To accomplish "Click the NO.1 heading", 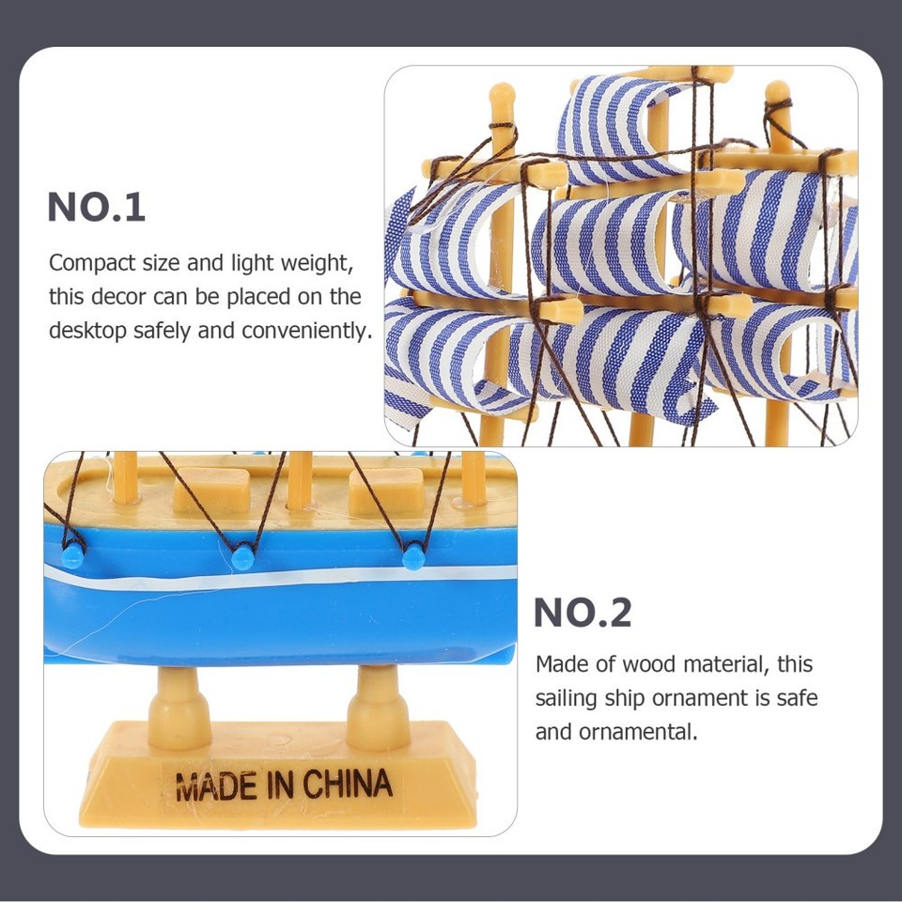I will tap(97, 208).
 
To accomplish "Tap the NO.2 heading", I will tap(583, 613).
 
